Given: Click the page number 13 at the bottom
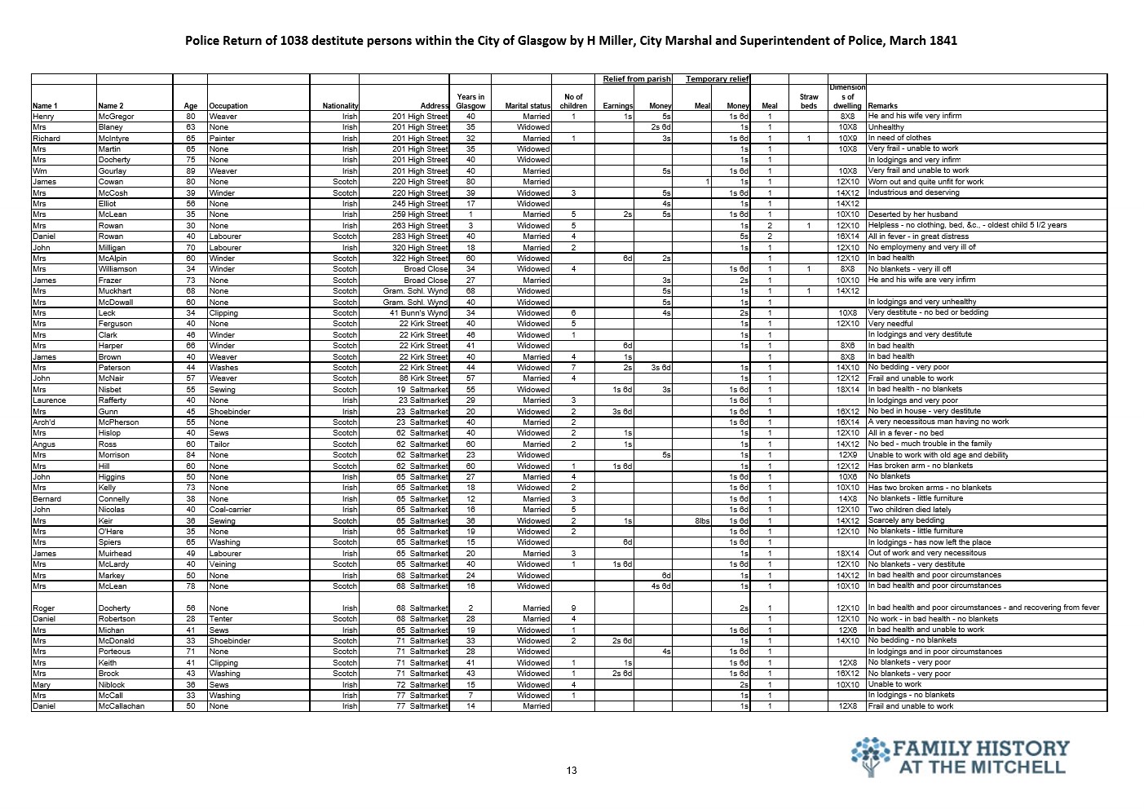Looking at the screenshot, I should pyautogui.click(x=571, y=771).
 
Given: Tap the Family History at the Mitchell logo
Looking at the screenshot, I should pyautogui.click(x=960, y=758).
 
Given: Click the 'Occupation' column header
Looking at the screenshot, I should pyautogui.click(x=228, y=106).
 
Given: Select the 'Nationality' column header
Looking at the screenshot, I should pyautogui.click(x=340, y=106).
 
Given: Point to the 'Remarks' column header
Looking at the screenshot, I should pyautogui.click(x=883, y=106).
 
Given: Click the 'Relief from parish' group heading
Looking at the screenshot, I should pyautogui.click(x=637, y=79).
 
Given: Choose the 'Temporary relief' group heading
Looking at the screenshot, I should pyautogui.click(x=717, y=79).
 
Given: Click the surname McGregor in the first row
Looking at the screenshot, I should pyautogui.click(x=114, y=117).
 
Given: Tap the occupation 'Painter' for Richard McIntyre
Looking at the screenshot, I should pyautogui.click(x=221, y=139).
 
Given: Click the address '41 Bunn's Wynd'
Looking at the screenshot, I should pyautogui.click(x=418, y=313).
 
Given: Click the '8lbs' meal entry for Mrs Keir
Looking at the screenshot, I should pyautogui.click(x=702, y=520).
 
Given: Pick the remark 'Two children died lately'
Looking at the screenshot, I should pyautogui.click(x=909, y=510).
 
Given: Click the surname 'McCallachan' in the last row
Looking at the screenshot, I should pyautogui.click(x=121, y=706).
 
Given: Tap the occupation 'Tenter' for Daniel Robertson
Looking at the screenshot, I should pyautogui.click(x=219, y=619).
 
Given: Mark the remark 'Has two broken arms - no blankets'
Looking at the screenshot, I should pyautogui.click(x=930, y=488).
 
